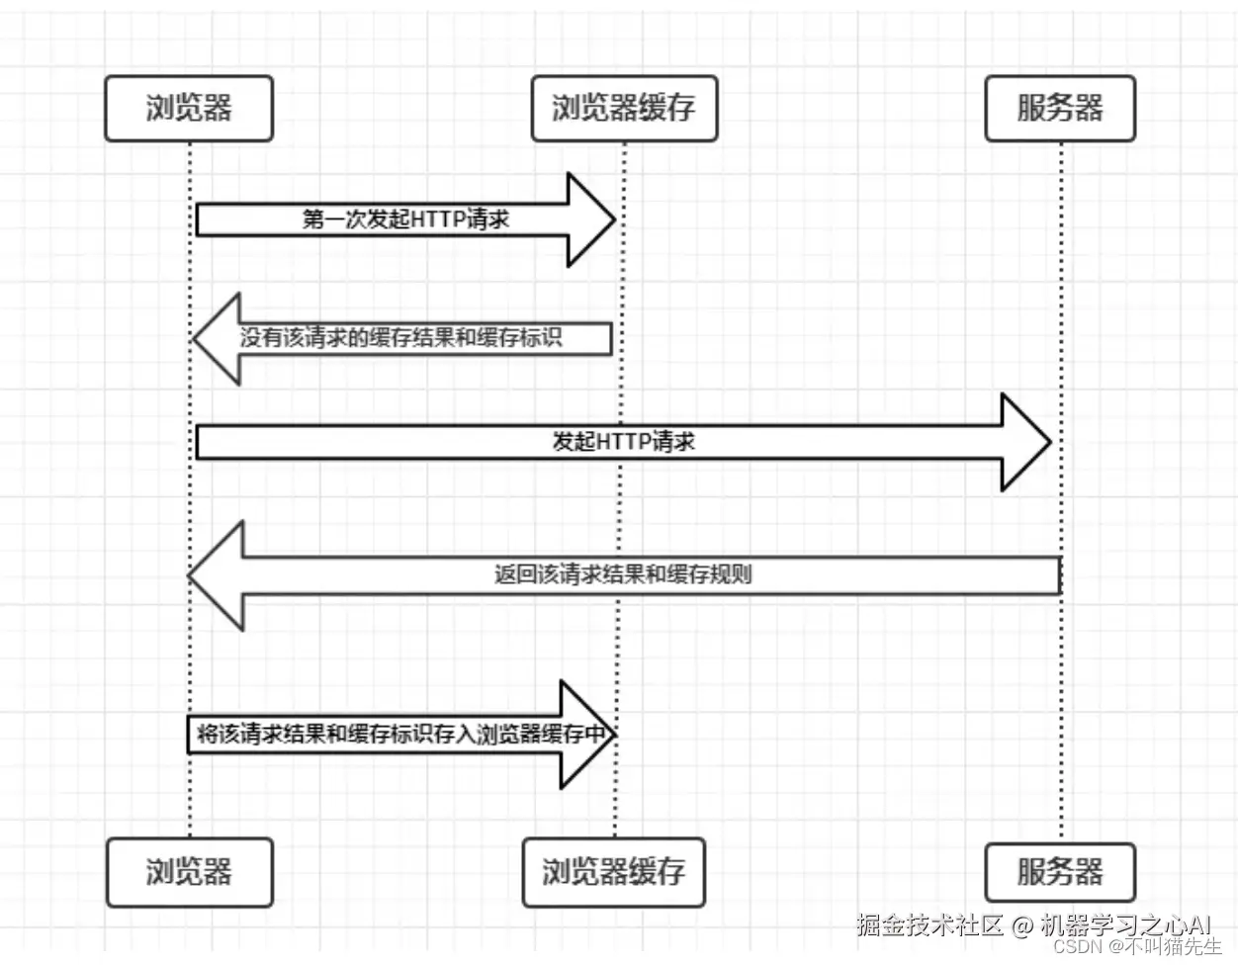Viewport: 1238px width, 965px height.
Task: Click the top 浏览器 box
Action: pos(188,108)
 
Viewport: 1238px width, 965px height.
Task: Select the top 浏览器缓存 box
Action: pos(624,108)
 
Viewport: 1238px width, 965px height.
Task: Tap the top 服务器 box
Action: pos(1059,108)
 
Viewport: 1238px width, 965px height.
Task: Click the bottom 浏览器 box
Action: pos(188,872)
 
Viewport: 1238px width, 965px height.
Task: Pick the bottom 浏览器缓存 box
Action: pos(613,872)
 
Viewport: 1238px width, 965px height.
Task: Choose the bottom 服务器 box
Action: pos(1059,872)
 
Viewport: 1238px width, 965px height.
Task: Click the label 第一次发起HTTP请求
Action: pos(405,219)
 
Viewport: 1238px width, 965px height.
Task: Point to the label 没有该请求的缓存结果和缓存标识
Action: pos(400,338)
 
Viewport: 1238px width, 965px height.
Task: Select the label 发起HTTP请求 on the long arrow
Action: pos(623,442)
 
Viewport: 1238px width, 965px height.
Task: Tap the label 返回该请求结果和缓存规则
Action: pos(623,574)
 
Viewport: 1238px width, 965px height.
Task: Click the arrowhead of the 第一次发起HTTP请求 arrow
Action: pos(591,219)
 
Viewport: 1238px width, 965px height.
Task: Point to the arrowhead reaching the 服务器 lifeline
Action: pos(1026,442)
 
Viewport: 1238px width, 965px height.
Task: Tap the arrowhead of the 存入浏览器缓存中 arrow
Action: pos(587,735)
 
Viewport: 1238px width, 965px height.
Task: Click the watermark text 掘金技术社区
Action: pos(930,925)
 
